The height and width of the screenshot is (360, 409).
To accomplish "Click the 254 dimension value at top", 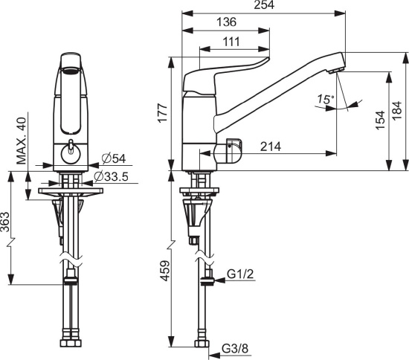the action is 264,5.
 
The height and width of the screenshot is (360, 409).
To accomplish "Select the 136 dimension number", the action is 226,22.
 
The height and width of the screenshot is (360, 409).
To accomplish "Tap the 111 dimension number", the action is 231,42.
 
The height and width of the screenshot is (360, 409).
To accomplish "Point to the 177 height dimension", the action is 163,113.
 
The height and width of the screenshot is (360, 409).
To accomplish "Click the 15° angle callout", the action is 326,99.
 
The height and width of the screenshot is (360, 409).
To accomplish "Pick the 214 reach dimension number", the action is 271,147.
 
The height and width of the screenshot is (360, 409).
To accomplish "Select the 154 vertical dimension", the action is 380,120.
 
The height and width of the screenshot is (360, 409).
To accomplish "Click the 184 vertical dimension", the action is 397,111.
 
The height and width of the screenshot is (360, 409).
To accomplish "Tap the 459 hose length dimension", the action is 165,271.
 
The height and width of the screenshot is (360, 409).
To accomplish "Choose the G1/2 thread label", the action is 240,274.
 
